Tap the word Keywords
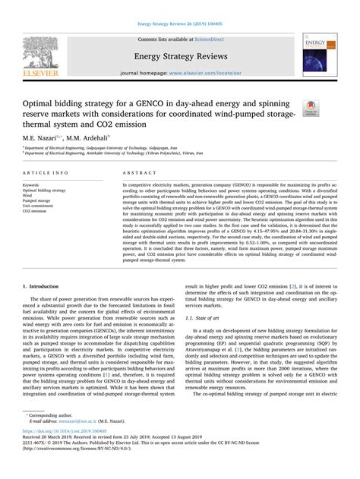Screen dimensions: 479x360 34,184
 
